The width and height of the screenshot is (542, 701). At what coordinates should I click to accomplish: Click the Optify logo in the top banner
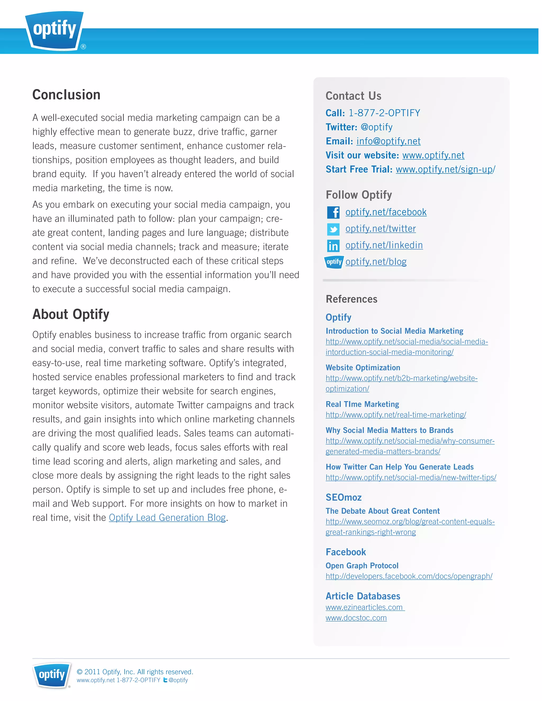(55, 30)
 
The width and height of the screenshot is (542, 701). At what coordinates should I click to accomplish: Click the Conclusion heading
(66, 95)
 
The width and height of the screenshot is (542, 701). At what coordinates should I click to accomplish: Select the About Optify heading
(71, 314)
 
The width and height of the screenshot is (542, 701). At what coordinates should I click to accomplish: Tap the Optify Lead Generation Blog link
(167, 517)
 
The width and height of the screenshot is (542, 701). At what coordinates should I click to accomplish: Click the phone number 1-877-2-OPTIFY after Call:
(384, 113)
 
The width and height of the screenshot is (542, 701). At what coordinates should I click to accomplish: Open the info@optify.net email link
(389, 141)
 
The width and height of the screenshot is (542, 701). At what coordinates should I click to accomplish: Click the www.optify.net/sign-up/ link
(445, 169)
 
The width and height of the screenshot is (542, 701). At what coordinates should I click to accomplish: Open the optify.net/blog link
(376, 262)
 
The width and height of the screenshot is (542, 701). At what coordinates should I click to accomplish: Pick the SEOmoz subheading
(344, 497)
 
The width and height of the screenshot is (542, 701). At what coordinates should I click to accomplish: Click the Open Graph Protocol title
(362, 566)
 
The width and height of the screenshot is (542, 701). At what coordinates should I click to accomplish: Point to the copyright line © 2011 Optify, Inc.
(135, 672)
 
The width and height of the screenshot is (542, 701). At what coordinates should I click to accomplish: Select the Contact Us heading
(353, 96)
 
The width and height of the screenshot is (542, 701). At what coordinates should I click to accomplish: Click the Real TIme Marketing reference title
(362, 404)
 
